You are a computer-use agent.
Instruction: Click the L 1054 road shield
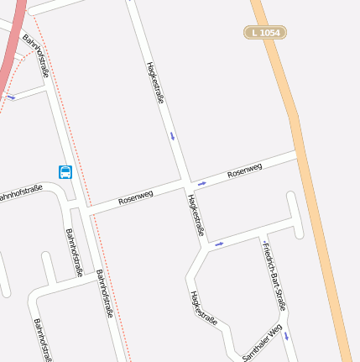tap(265, 33)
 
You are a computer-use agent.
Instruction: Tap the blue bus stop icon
tap(65, 172)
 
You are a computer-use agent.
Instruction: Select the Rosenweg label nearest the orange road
tap(244, 170)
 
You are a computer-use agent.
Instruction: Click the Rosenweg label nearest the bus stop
tap(136, 198)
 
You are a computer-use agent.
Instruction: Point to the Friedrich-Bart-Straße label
tap(274, 275)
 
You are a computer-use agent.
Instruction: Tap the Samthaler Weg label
tap(261, 344)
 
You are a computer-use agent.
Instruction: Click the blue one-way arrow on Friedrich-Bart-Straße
tap(286, 336)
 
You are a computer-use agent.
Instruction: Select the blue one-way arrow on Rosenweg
tap(201, 182)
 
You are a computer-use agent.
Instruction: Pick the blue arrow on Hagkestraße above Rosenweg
tap(173, 135)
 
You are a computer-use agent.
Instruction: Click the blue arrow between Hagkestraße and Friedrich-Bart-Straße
tap(219, 244)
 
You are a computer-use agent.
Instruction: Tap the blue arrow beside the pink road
tap(11, 97)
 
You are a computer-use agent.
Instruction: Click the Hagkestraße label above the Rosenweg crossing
tap(155, 81)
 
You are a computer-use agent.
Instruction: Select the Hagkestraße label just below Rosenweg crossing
tap(196, 215)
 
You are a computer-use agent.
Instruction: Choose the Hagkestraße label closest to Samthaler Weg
tap(204, 308)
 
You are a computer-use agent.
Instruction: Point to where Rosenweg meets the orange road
tap(298, 155)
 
